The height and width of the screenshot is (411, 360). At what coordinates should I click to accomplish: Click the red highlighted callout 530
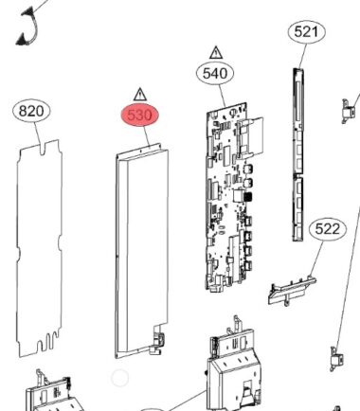pos(140,115)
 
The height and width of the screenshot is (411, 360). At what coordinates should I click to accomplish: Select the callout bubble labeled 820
pos(31,111)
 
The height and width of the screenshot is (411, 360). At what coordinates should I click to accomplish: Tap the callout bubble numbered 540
pos(215,74)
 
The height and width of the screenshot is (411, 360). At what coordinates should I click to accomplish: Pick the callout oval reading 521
pos(307,31)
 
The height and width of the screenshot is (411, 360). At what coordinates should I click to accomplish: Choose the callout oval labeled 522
pos(328,229)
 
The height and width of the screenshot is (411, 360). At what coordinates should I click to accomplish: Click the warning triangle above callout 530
pos(140,95)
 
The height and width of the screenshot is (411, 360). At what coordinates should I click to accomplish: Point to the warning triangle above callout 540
pos(216,52)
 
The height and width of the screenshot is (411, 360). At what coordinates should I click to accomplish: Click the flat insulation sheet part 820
pos(40,248)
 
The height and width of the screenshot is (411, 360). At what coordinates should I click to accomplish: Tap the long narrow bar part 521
pos(297,154)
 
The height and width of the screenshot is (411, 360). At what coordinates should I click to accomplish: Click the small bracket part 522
pos(292,291)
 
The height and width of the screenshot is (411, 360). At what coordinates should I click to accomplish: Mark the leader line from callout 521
pos(302,55)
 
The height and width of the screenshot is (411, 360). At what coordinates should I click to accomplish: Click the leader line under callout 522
pos(316,259)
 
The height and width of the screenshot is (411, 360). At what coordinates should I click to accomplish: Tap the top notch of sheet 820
pos(44,149)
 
